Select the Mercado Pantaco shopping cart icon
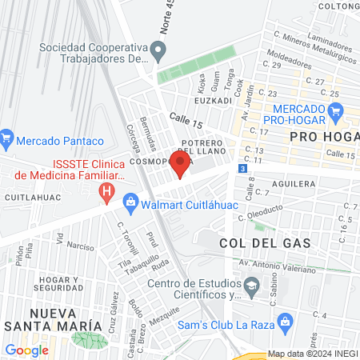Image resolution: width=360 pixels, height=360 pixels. pyautogui.click(x=6, y=140)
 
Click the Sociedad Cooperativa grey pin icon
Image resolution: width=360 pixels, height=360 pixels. pyautogui.click(x=158, y=53)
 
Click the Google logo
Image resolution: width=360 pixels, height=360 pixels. pyautogui.click(x=26, y=350)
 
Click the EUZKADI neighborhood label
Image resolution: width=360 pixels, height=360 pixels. pyautogui.click(x=213, y=102)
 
